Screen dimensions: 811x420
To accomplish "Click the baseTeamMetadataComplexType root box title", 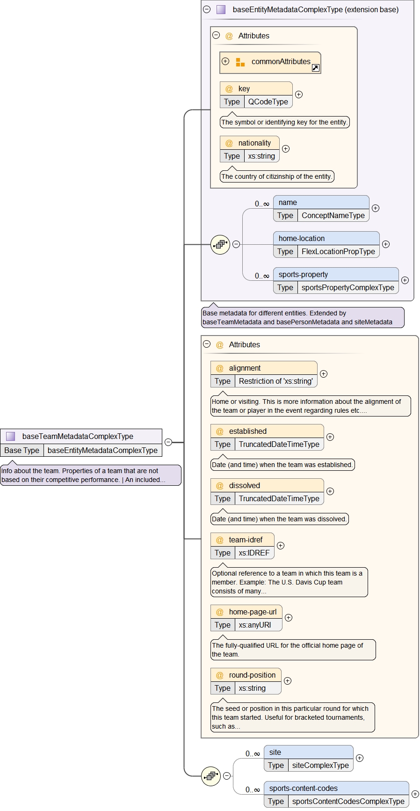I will point(78,436).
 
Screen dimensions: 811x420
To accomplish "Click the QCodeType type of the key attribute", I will point(268,102).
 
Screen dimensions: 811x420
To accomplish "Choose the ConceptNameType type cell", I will point(333,215).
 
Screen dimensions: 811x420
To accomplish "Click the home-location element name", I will point(302,238).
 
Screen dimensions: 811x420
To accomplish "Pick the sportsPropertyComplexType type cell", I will point(348,287).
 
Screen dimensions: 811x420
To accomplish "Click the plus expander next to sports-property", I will point(405,280).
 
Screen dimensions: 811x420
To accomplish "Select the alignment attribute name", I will point(245,368).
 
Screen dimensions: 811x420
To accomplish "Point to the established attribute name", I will point(247,431).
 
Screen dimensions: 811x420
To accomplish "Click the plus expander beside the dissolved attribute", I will point(330,491).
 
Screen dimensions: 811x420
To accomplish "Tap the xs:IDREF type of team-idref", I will point(254,553).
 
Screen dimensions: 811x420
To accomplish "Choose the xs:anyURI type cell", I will point(254,625).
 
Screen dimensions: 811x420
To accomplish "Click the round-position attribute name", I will point(252,675).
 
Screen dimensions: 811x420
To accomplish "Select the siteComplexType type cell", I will point(320,765).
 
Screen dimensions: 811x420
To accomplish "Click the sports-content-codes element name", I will point(303,788).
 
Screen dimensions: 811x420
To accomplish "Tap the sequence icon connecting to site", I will point(211,775).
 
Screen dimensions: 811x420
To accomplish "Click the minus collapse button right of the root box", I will point(168,442).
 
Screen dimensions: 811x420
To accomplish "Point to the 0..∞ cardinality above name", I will point(262,204).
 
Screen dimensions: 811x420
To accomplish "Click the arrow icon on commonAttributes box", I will point(316,68).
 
